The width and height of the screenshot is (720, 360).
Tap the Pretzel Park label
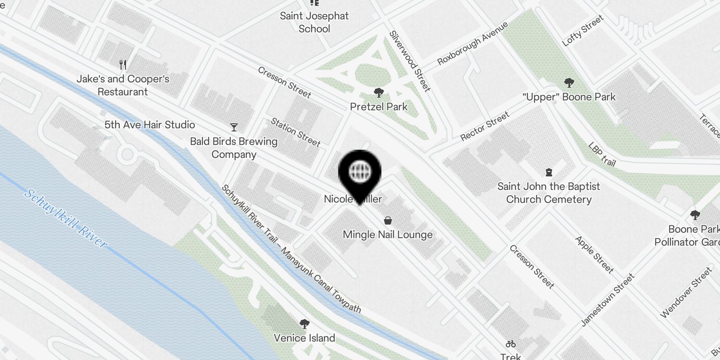point(378,107)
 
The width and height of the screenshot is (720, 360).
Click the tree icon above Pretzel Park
point(378,93)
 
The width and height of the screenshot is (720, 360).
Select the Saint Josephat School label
point(314,22)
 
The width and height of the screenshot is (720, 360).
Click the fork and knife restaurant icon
point(123,65)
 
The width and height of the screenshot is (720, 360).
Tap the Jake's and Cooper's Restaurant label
point(123,85)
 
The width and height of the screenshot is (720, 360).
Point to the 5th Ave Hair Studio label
point(149,125)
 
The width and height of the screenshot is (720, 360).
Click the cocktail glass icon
point(234,127)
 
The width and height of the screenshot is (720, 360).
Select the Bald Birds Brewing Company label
point(234,148)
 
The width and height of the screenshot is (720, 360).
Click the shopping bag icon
point(387,220)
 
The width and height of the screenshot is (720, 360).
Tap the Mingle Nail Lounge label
point(387,234)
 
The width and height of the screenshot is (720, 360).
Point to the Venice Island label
point(304,338)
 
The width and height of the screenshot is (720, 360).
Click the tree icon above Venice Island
point(304,324)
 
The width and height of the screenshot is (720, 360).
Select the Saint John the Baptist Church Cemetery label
point(549,193)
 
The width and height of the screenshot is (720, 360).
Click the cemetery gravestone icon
point(549,172)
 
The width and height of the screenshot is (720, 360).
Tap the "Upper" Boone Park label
point(569,97)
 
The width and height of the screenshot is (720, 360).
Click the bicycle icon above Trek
point(510,344)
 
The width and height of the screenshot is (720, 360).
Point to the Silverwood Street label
point(410,61)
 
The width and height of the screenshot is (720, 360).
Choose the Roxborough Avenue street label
point(472,43)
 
